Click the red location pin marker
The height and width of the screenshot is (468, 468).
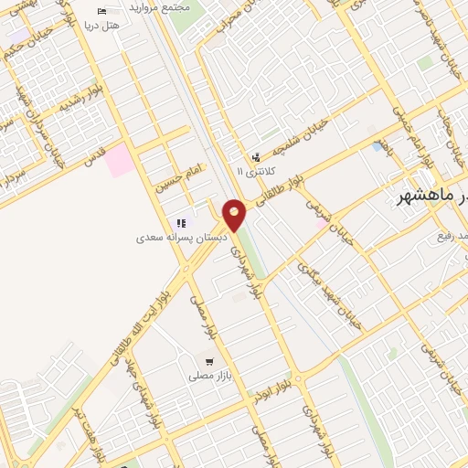pyautogui.click(x=235, y=216)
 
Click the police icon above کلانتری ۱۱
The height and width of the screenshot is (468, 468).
pyautogui.click(x=255, y=157)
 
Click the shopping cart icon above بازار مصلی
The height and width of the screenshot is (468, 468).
pyautogui.click(x=212, y=362)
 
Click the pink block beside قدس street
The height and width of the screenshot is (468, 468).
pyautogui.click(x=117, y=161)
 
